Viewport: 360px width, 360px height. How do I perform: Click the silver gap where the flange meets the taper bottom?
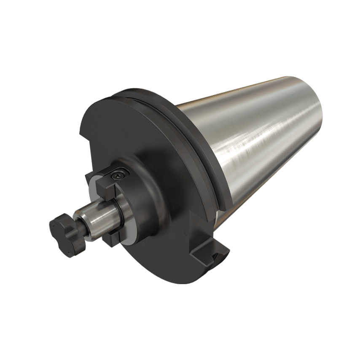tap(216, 217)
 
